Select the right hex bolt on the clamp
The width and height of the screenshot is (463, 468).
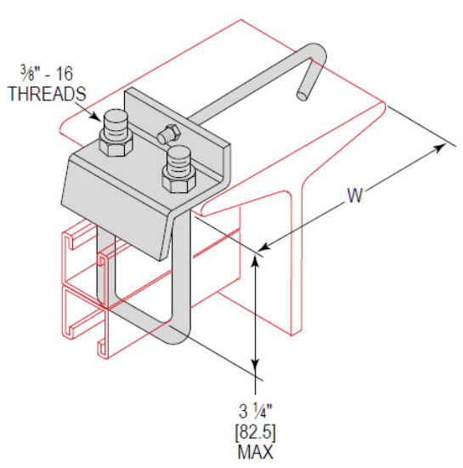[x=178, y=166]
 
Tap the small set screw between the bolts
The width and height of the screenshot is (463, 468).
[x=167, y=132]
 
